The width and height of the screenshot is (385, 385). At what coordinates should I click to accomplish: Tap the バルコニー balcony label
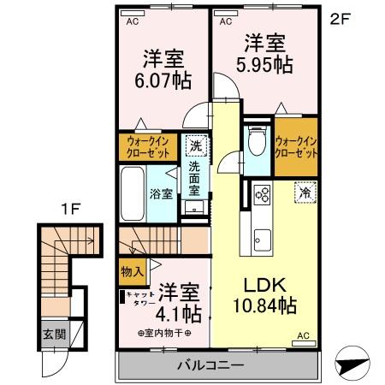[x=210, y=366]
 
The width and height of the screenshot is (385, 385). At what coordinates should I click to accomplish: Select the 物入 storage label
[x=132, y=271]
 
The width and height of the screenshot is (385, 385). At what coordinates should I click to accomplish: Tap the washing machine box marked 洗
[x=195, y=145]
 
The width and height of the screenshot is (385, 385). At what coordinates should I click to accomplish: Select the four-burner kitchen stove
[x=261, y=196]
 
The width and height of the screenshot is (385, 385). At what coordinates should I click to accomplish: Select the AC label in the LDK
[x=304, y=338]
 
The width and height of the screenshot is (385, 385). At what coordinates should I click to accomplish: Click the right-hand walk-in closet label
[x=296, y=147]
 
